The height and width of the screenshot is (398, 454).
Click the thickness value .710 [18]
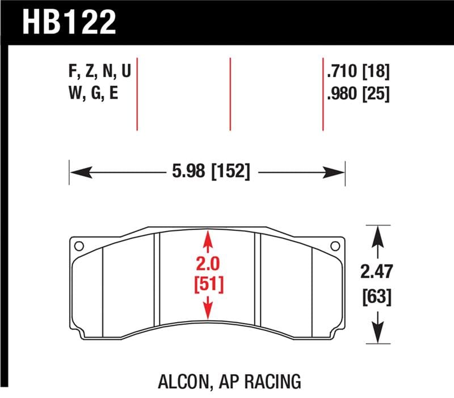pos(358,71)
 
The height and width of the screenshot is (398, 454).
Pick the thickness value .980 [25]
pos(358,94)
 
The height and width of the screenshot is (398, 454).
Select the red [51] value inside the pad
pos(208,283)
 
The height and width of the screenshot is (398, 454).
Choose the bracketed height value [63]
pos(376,296)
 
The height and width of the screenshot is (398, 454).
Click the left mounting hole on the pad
pos(79,246)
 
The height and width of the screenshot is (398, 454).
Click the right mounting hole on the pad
pos(335,246)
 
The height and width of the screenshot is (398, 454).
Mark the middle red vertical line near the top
pos(230,94)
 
